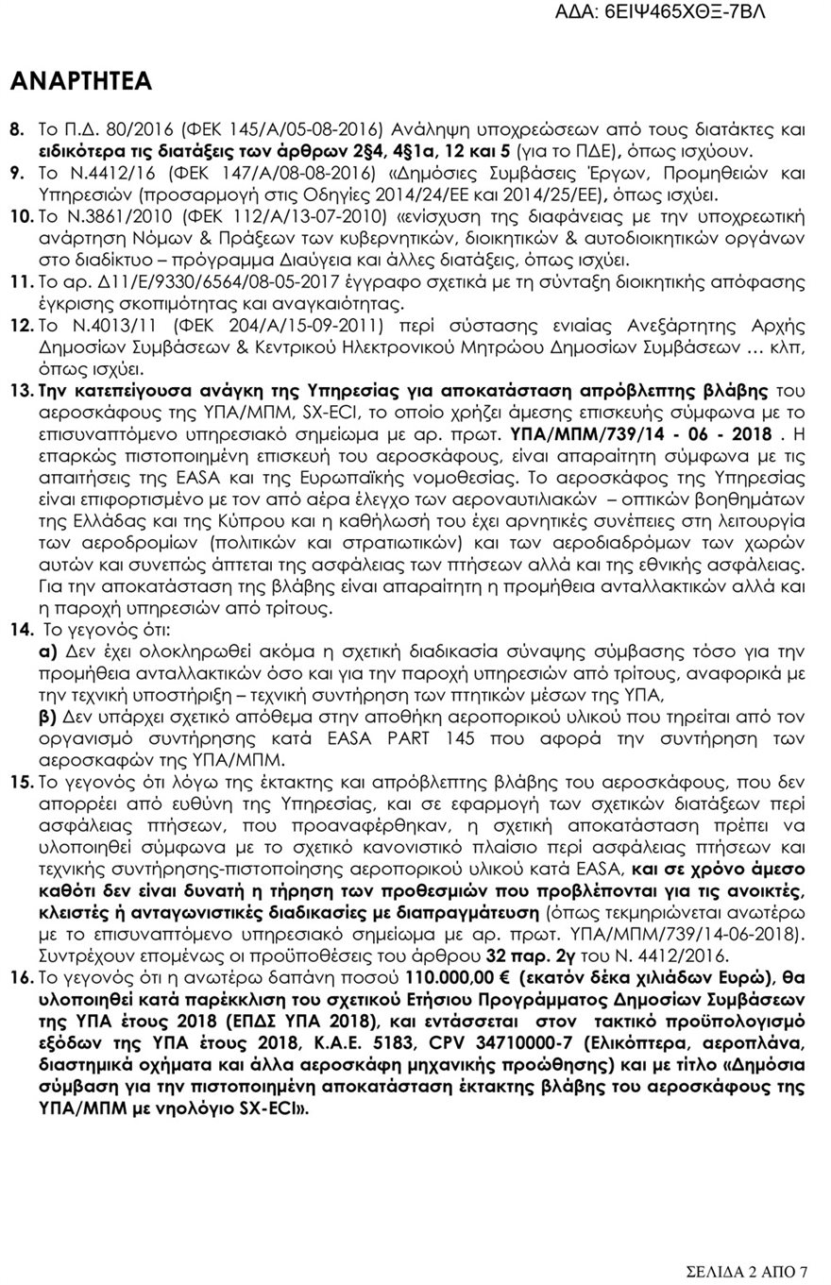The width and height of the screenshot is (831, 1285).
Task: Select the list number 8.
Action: [x=17, y=127]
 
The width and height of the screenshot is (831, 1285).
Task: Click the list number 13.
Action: [x=21, y=390]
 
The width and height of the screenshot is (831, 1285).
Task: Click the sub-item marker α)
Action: [x=48, y=651]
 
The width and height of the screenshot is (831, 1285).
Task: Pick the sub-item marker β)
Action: [x=48, y=717]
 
